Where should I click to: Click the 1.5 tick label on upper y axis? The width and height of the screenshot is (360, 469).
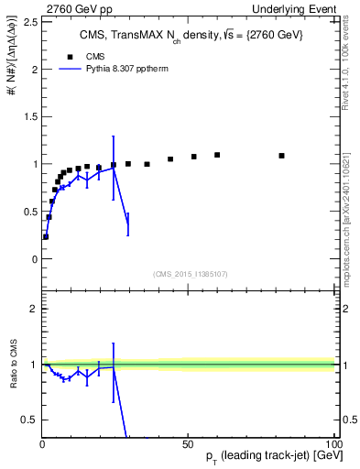coord(30,116)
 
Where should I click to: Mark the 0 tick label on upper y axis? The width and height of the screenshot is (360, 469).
coord(34,259)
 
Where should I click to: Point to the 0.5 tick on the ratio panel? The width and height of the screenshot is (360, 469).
coord(30,420)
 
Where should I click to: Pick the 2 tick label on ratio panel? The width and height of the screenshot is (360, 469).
coord(34,309)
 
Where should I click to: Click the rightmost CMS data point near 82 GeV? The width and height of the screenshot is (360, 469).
coord(281,156)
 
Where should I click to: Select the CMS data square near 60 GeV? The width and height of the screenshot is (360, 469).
coord(217,155)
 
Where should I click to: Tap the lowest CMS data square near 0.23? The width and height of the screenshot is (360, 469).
coord(46,236)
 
